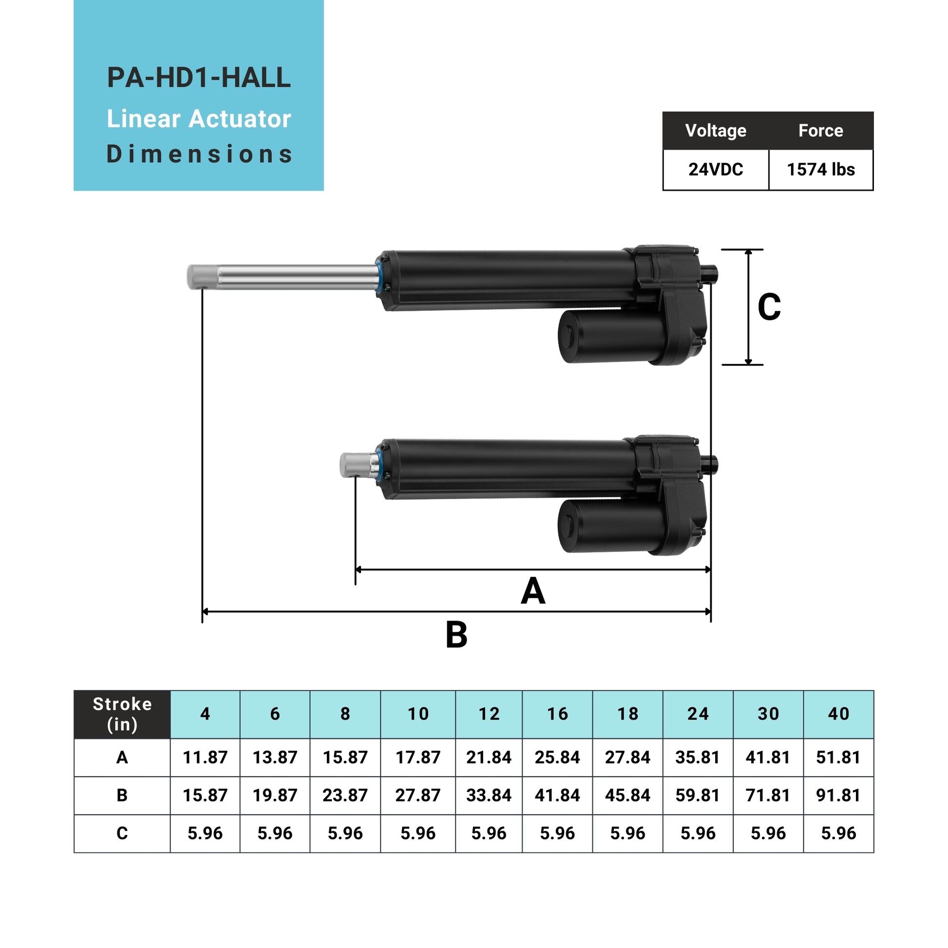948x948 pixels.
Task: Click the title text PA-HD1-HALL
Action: (x=199, y=77)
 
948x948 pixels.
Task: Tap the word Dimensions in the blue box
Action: (x=199, y=154)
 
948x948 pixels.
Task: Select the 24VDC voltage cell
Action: (x=716, y=170)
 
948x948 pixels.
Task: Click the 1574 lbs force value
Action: (x=820, y=170)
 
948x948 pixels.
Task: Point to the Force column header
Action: (x=820, y=131)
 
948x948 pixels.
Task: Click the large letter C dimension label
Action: (x=769, y=307)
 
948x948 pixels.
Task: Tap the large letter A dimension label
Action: (x=533, y=591)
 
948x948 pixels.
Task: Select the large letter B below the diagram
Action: (x=456, y=635)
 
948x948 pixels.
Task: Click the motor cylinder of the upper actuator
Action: (x=611, y=337)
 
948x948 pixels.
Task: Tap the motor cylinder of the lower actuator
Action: (x=611, y=526)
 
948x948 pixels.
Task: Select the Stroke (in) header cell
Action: (x=122, y=714)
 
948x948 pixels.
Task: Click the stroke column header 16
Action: (x=557, y=714)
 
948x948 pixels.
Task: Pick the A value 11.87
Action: (x=205, y=757)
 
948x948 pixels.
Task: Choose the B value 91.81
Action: (x=838, y=795)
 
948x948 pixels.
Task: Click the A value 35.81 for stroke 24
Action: (x=698, y=757)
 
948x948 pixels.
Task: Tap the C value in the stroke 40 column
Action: (x=838, y=833)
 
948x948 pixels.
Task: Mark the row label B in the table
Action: (x=122, y=795)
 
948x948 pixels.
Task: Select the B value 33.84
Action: (x=489, y=795)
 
